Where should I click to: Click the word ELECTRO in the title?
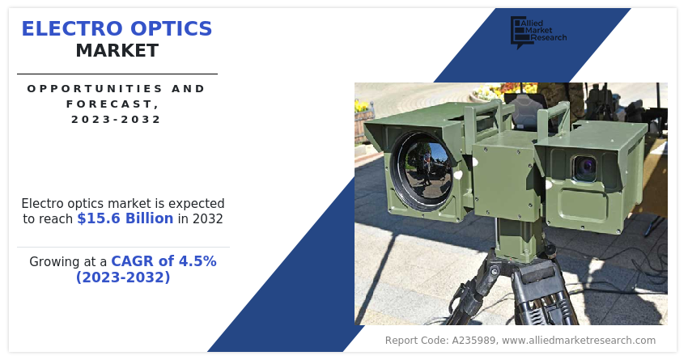pyautogui.click(x=71, y=29)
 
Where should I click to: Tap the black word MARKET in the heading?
pyautogui.click(x=117, y=51)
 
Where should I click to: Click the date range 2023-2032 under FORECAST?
pyautogui.click(x=117, y=119)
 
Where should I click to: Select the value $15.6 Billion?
pyautogui.click(x=125, y=218)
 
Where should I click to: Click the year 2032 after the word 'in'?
pyautogui.click(x=207, y=218)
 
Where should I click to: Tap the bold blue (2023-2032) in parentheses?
pyautogui.click(x=123, y=277)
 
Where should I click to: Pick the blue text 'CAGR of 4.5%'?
pyautogui.click(x=164, y=261)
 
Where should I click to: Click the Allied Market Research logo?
pyautogui.click(x=538, y=32)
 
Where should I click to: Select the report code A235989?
pyautogui.click(x=474, y=341)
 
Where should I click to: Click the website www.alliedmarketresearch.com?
pyautogui.click(x=579, y=341)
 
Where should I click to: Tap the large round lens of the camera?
pyautogui.click(x=422, y=170)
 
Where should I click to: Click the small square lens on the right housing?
pyautogui.click(x=584, y=168)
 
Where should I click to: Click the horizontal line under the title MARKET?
pyautogui.click(x=117, y=74)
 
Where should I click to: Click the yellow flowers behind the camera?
pyautogui.click(x=363, y=106)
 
